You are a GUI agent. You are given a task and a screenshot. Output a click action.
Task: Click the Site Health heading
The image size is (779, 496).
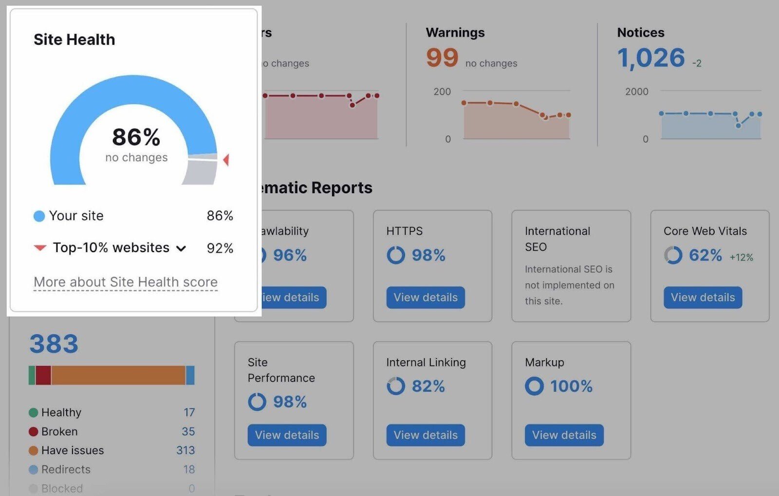point(74,39)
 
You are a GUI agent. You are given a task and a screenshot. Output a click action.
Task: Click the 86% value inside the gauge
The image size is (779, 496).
point(136,137)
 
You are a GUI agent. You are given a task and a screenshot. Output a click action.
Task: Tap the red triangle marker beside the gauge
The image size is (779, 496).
point(226,160)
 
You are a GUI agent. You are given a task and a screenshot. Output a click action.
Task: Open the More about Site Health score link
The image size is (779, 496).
point(126,282)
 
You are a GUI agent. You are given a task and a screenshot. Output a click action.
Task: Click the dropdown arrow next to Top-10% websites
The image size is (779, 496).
point(181,249)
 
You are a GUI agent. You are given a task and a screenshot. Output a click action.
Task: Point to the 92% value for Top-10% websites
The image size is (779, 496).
point(220,248)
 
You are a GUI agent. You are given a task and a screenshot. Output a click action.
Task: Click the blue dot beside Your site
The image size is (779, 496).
point(39,216)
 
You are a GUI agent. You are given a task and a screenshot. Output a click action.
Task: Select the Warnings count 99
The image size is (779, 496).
point(442,58)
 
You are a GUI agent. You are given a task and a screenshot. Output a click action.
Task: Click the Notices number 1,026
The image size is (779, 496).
point(651,58)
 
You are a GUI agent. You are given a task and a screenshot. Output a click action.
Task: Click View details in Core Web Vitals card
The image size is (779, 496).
point(702,297)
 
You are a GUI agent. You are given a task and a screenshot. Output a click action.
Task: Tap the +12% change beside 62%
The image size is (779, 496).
point(741,257)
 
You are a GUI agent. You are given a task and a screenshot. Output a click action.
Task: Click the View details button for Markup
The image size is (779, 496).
point(564,435)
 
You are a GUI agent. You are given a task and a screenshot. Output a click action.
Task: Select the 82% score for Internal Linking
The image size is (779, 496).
point(428,386)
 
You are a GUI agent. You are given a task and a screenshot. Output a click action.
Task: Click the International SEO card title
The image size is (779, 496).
point(557,239)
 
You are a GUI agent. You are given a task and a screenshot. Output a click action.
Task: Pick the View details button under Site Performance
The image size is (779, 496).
point(287,435)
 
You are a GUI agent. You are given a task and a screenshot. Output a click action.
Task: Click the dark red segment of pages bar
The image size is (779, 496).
point(43,375)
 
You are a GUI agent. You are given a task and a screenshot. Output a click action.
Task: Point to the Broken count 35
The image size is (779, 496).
point(188,432)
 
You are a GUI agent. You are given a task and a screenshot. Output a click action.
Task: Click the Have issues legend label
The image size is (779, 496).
point(73,451)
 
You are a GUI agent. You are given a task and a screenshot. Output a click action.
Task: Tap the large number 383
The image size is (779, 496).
point(54,344)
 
